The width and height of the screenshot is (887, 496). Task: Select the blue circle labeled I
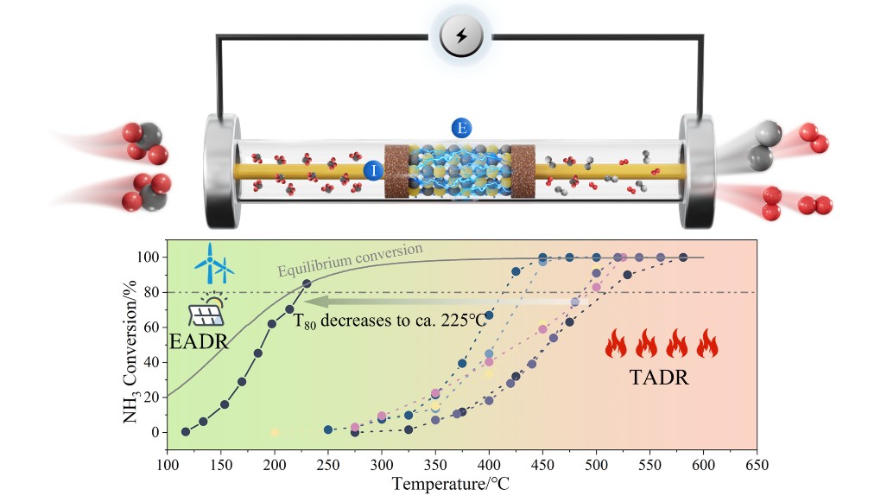click(373, 170)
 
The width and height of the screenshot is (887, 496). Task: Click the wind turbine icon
click(214, 264)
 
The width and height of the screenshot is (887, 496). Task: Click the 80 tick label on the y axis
click(150, 293)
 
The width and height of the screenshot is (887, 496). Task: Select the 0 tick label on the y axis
click(154, 432)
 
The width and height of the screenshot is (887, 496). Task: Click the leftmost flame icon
click(615, 345)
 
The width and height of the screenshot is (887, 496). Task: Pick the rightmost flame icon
click(707, 345)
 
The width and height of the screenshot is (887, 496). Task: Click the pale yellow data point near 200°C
click(275, 432)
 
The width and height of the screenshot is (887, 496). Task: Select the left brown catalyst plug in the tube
click(399, 171)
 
